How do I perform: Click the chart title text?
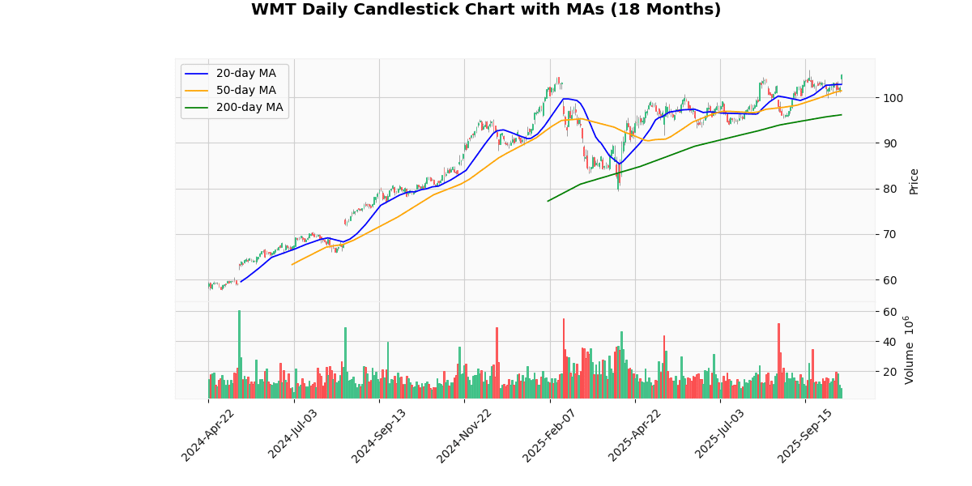click(486, 10)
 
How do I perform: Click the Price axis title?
click(914, 181)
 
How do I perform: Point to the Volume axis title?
click(909, 350)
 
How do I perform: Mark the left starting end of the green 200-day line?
click(548, 201)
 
